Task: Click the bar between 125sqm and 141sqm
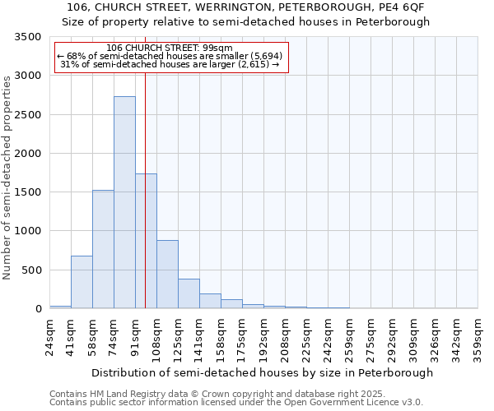(189, 293)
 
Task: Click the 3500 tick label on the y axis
(28, 38)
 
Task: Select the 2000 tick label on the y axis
(28, 154)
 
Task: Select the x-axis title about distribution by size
(262, 372)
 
